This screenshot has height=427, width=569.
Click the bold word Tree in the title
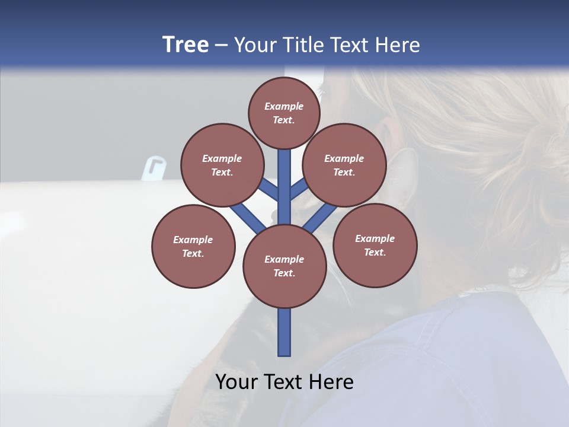[x=186, y=44]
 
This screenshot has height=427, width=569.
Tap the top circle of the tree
[x=284, y=113]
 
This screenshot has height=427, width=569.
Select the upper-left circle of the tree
[x=222, y=165]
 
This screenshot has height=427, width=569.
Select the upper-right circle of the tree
[x=344, y=165]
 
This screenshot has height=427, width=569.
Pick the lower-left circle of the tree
[x=193, y=246]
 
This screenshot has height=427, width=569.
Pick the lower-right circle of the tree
[x=375, y=245]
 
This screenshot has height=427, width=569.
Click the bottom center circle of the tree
[x=284, y=266]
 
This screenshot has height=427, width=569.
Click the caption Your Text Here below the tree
[x=284, y=382]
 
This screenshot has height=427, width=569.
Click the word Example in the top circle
[x=284, y=106]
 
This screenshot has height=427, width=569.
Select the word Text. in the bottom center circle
[x=284, y=273]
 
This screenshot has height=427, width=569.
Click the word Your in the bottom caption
[x=236, y=382]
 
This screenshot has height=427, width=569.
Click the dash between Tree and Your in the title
[x=221, y=46]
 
